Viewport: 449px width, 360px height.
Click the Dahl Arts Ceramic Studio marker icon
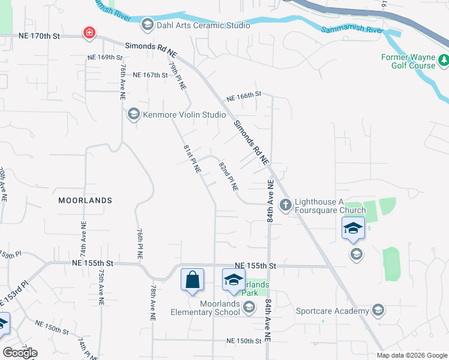[x=147, y=25]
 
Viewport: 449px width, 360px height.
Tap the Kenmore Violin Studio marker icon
[x=133, y=113]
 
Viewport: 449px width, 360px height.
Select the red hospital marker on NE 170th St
[x=89, y=32]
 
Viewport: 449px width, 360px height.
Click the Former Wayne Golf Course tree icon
[x=444, y=59]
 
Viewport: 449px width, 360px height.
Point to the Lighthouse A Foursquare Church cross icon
[x=285, y=205]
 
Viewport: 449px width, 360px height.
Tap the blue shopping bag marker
[x=192, y=280]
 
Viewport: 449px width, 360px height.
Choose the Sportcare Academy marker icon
[x=378, y=310]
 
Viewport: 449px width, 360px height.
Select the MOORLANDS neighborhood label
[x=85, y=200]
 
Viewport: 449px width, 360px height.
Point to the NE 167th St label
[x=150, y=75]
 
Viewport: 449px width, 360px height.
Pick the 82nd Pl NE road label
[x=228, y=176]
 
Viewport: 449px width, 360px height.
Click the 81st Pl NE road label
[x=191, y=157]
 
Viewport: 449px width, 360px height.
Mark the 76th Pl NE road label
[x=139, y=243]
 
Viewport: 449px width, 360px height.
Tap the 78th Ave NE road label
[x=154, y=302]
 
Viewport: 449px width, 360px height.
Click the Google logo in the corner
[x=20, y=353]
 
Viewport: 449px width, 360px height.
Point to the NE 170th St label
[x=40, y=37]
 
